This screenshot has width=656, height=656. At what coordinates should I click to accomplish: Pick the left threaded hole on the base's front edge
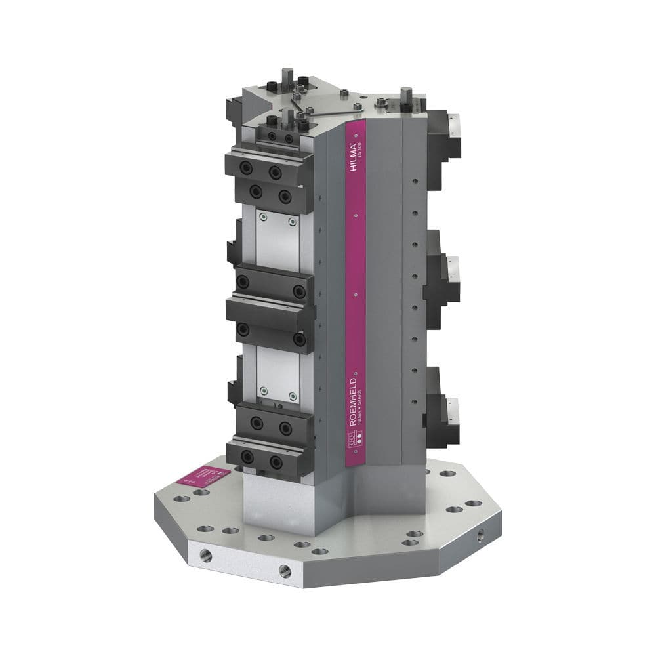coord(205,556)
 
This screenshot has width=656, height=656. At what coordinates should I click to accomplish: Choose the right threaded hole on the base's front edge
coord(284,569)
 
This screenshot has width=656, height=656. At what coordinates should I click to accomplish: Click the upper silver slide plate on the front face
coord(276,236)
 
